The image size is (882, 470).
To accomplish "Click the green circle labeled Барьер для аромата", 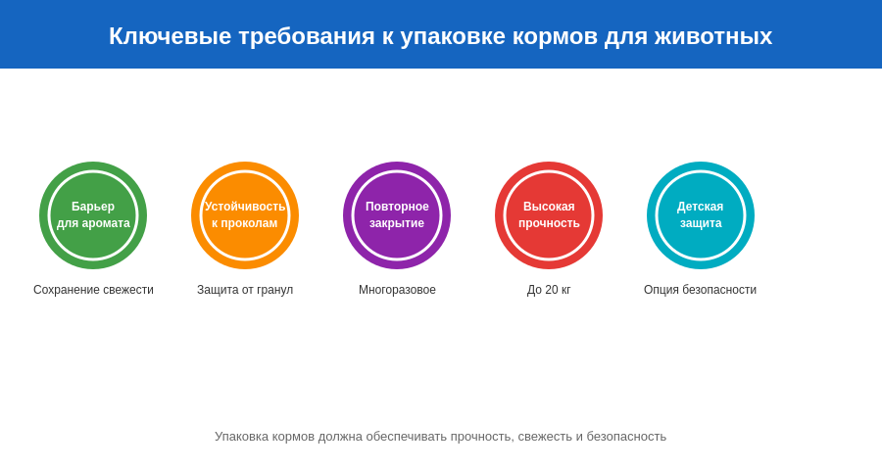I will point(93,215).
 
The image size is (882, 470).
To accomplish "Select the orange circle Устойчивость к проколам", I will point(245,215).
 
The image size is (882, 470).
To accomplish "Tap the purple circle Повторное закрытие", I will point(397,215).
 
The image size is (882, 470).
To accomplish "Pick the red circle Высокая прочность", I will point(549,215).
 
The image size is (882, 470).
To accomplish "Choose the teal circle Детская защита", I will point(701,215).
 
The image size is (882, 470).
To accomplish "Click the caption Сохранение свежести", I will point(93,290).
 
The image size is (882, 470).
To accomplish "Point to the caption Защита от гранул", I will point(245,290).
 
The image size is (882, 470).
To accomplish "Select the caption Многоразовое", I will point(397,290).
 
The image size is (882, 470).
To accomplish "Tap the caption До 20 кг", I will point(549,290).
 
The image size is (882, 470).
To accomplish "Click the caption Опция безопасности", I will point(700,290).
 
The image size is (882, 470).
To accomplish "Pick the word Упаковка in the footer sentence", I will point(244,437).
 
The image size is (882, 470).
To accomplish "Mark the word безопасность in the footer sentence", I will point(626,437).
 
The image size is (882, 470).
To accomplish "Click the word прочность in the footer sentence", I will point(481,437).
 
